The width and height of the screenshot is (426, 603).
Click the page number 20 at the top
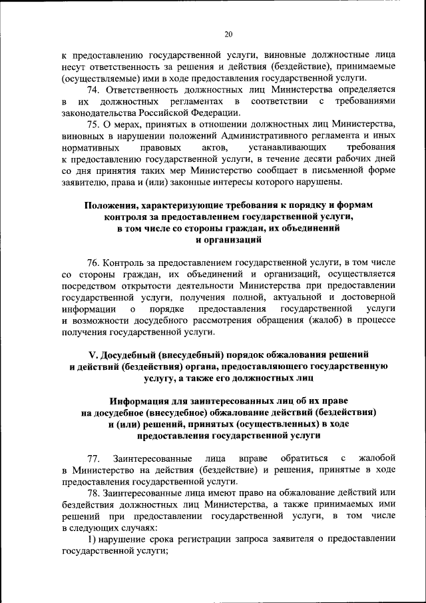pos(228,34)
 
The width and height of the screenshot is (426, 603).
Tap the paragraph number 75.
pos(94,124)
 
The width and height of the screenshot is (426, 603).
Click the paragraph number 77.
pos(94,458)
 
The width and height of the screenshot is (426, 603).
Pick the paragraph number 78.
pos(94,493)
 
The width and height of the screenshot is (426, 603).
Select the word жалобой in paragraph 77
pos(377,458)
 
